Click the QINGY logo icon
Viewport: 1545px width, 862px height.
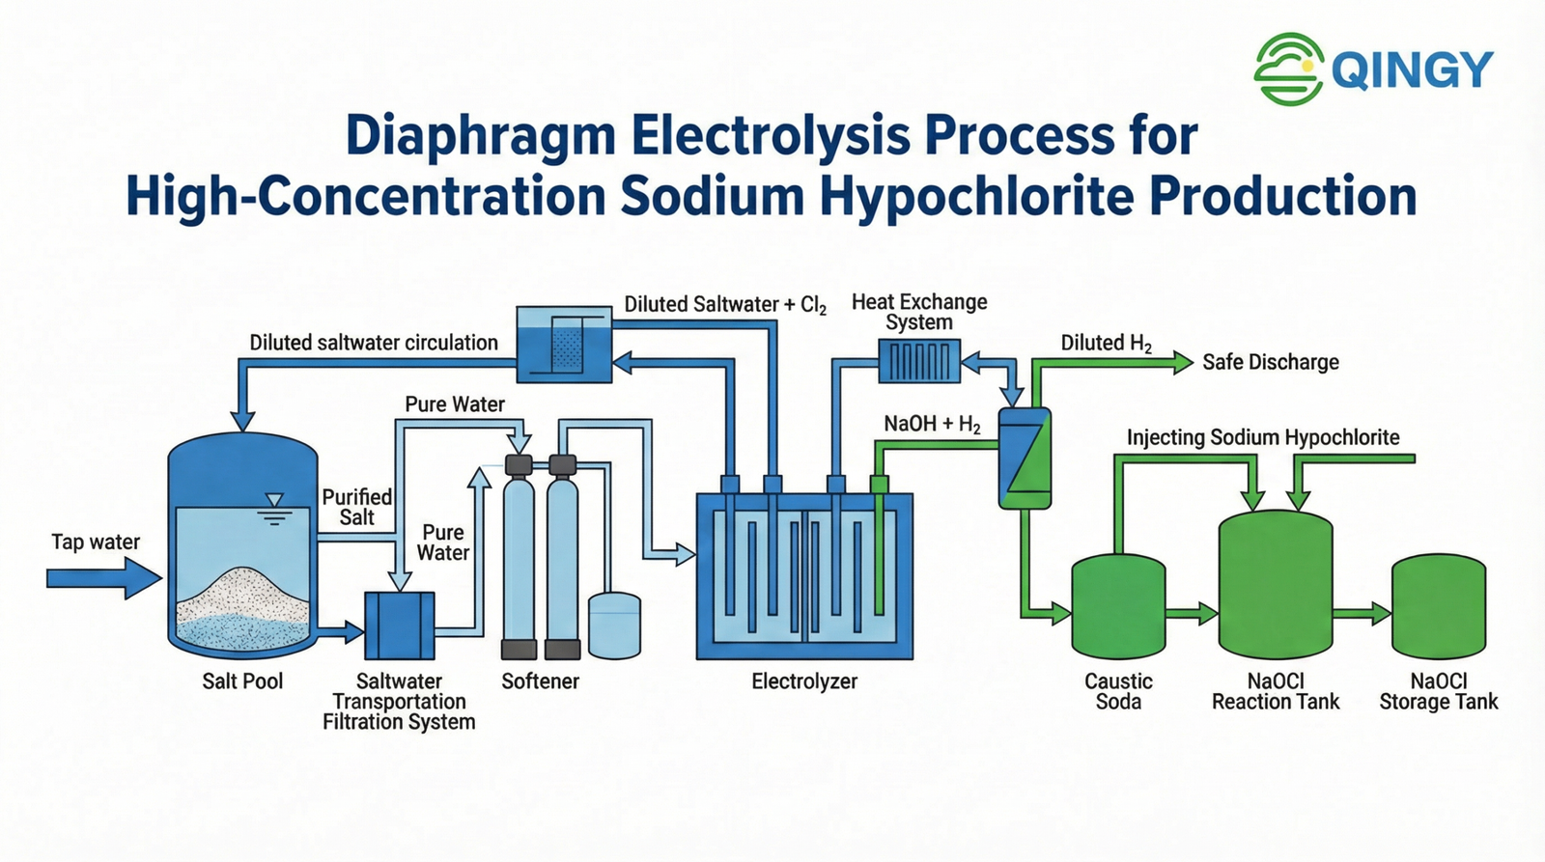1288,69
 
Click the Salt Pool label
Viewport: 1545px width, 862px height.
242,681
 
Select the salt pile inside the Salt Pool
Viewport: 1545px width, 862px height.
244,598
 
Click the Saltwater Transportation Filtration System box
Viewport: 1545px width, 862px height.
400,626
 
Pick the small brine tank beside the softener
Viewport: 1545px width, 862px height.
614,626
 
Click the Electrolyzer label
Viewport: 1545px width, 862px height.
804,681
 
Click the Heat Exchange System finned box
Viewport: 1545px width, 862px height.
919,362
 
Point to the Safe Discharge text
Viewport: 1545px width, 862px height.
1270,362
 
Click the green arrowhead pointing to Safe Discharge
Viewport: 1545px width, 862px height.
1182,362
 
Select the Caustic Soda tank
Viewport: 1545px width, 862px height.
1118,606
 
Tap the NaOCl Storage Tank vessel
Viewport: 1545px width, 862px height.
1438,606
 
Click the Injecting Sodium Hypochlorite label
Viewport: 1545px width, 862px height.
1263,437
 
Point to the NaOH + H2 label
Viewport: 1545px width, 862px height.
932,425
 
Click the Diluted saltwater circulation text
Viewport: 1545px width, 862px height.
374,343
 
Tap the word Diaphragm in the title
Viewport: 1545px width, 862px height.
480,136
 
